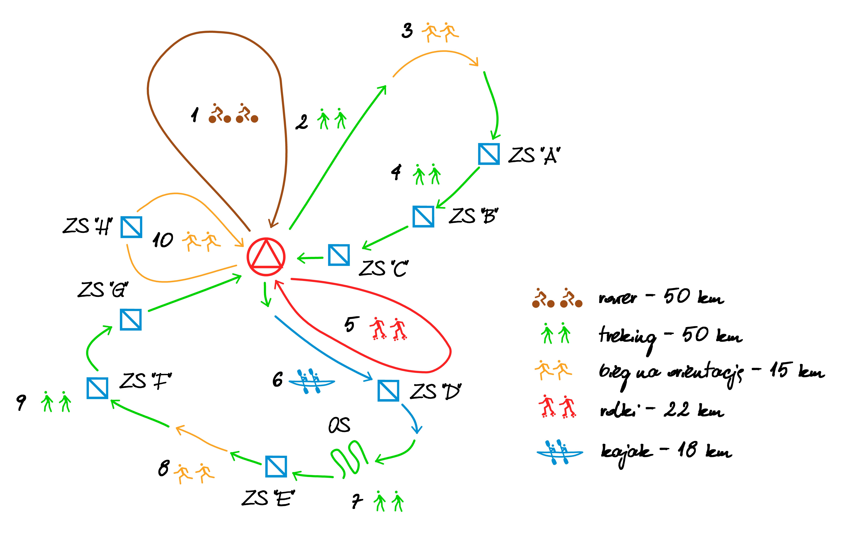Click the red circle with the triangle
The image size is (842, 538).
tap(266, 257)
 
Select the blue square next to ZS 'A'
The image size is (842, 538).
tap(488, 154)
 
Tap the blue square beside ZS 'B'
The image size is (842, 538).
tap(423, 217)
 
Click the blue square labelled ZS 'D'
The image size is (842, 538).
tap(388, 390)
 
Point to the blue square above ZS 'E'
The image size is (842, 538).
tap(276, 466)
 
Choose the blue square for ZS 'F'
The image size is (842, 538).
tap(97, 388)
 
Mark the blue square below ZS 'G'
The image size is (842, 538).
tap(130, 319)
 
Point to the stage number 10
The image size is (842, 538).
tap(163, 240)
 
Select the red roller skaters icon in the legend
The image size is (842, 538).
tap(557, 406)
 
